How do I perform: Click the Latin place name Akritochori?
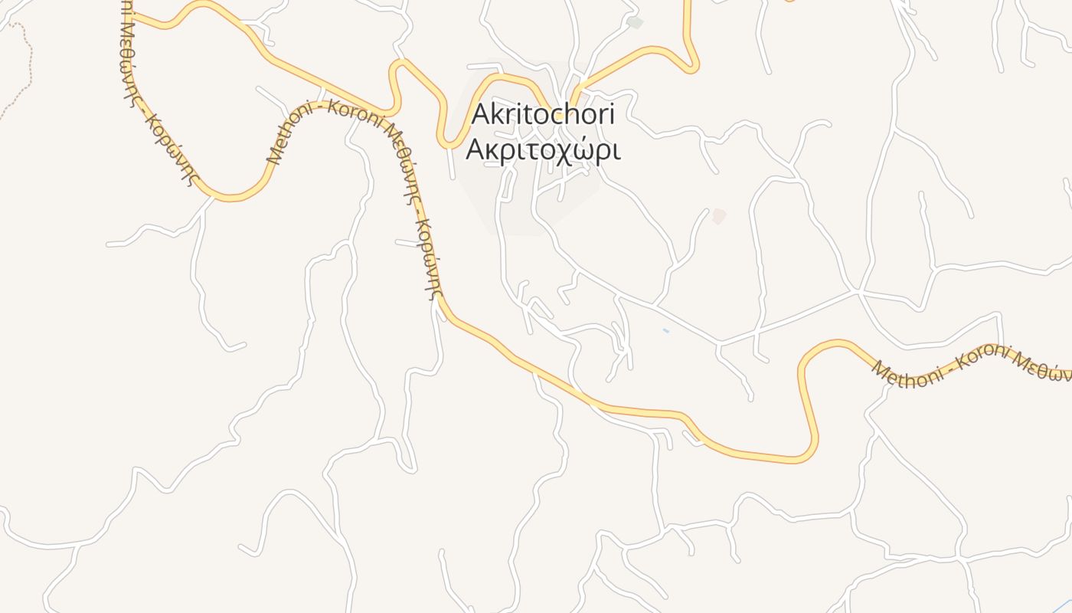pos(543,113)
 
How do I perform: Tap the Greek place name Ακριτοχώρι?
pos(543,150)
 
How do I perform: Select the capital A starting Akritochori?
pos(480,113)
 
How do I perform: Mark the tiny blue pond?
pos(665,330)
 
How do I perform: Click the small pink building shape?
pos(718,216)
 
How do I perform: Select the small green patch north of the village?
pos(634,22)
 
